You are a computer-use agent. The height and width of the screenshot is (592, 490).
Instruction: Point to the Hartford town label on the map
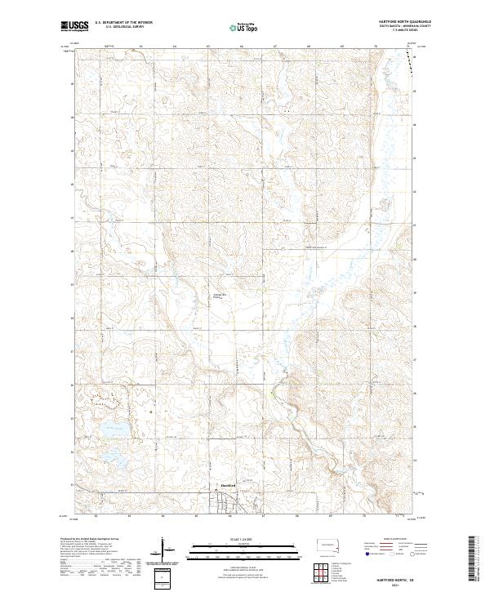(229, 486)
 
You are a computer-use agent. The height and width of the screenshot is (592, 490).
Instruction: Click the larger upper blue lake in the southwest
(113, 429)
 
